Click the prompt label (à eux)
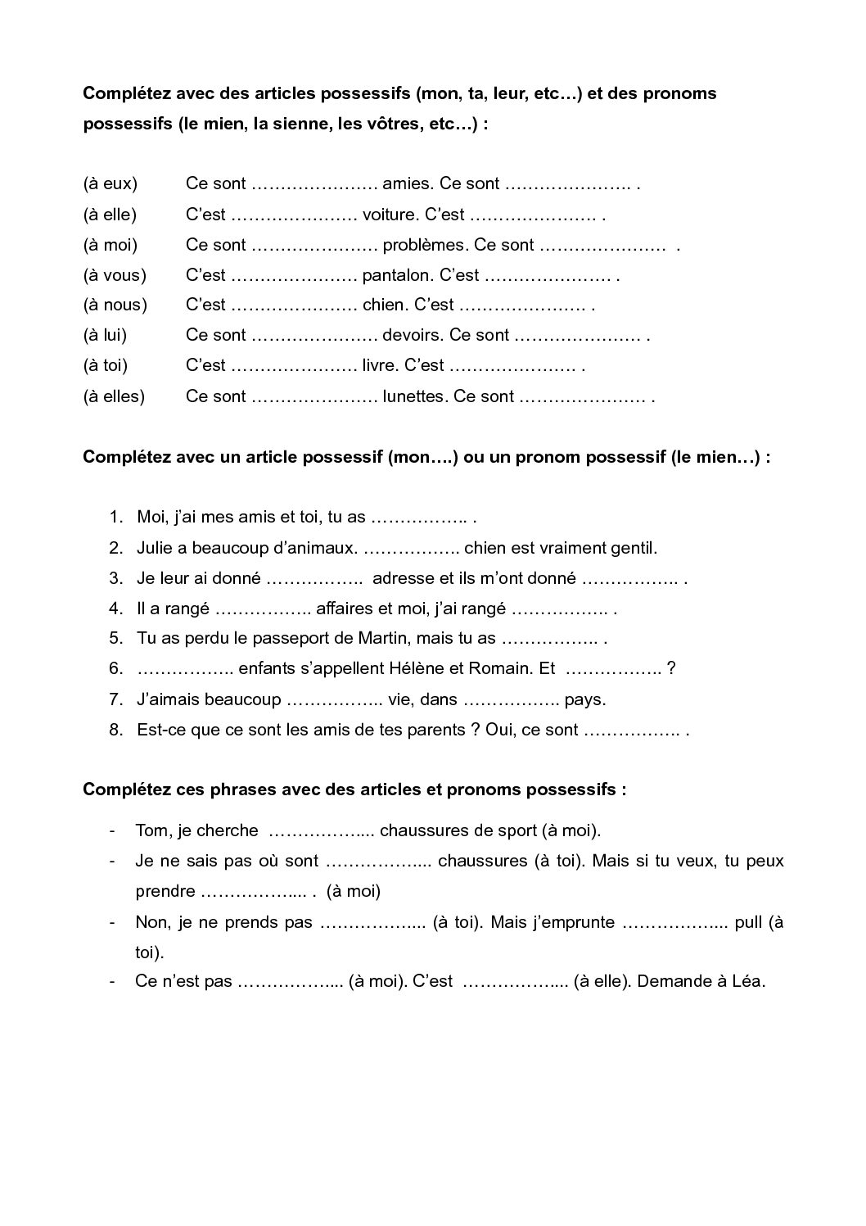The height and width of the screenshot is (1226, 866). (111, 183)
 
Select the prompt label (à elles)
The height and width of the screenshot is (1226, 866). (114, 396)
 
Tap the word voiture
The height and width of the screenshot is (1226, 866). (390, 215)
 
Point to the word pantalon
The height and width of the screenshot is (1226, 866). (396, 275)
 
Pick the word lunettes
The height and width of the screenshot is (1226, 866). (413, 396)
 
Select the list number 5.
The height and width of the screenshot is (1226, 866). (115, 638)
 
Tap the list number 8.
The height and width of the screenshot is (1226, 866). (115, 730)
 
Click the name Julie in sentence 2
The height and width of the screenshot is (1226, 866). (155, 548)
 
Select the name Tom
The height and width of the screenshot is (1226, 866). (151, 830)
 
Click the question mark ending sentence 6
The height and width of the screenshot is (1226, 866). (671, 668)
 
